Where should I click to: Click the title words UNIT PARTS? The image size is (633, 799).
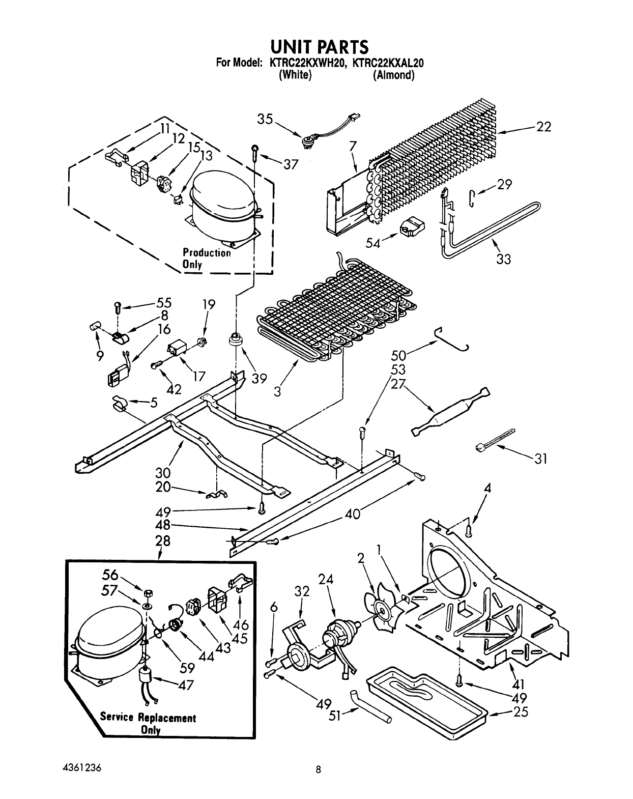319,47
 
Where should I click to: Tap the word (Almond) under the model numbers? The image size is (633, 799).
393,75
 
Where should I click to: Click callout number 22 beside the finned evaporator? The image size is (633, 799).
543,127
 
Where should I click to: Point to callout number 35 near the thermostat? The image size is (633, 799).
265,120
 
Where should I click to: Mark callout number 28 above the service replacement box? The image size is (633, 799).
163,541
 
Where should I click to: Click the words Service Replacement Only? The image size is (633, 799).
148,723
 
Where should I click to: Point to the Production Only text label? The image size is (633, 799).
207,259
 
